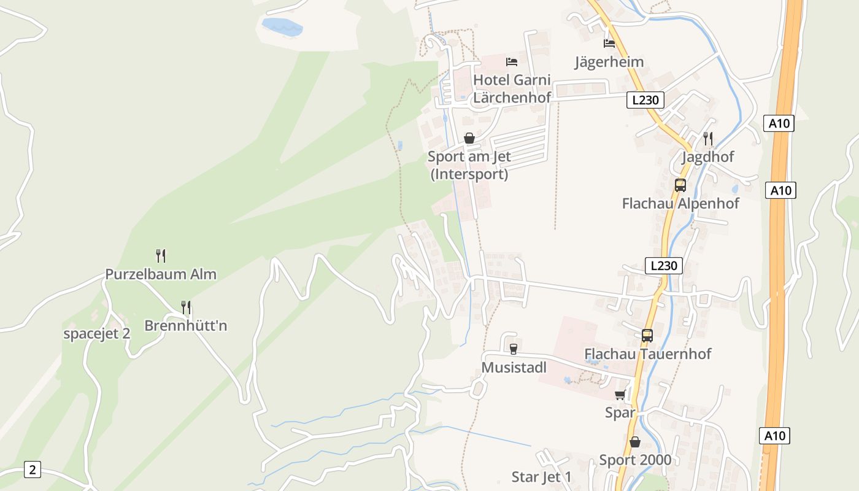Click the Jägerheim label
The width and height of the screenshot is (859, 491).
point(609,62)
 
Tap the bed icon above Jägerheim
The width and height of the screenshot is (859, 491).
point(609,44)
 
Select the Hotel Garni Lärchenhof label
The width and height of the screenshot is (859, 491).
point(512,88)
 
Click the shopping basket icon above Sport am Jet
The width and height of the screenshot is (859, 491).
point(469,138)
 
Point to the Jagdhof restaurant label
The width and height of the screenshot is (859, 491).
point(707,157)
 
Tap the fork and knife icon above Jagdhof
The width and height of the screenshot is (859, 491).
point(707,138)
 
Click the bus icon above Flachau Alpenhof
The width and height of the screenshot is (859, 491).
point(680,185)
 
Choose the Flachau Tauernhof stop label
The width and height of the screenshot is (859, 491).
point(647,354)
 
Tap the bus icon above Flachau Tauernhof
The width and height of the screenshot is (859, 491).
point(647,336)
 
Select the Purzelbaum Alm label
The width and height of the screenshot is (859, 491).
point(161,274)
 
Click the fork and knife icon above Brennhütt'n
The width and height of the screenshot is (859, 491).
point(185,307)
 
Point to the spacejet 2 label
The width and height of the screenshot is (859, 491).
point(97,334)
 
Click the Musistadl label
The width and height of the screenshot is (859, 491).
point(514,367)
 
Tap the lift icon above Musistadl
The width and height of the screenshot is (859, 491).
point(514,349)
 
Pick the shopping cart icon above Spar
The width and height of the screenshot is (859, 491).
point(620,395)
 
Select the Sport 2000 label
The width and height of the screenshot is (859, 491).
point(635,460)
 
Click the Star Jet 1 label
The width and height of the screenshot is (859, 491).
point(541,477)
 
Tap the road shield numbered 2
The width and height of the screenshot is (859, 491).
point(33,470)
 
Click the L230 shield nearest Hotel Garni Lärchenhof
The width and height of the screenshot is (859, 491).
point(645,100)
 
